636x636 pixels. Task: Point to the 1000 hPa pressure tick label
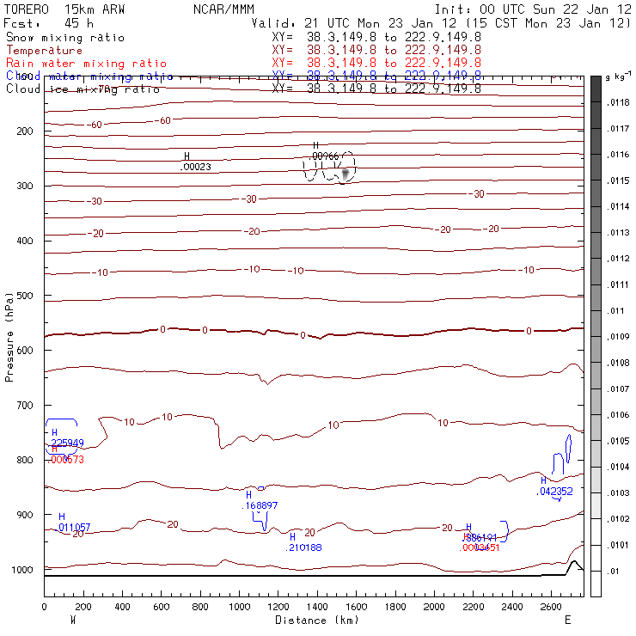(x=24, y=570)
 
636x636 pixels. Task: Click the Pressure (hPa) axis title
(x=9, y=335)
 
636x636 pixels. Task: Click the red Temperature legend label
(x=45, y=51)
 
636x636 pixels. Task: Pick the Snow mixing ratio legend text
(x=65, y=38)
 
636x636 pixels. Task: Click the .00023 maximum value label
(x=196, y=167)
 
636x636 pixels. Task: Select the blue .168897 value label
(x=261, y=505)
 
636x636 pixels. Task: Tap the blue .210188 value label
(x=304, y=547)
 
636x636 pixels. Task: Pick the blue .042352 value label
(x=555, y=492)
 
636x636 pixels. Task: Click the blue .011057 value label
(x=74, y=526)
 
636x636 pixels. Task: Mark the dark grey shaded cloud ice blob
(x=346, y=174)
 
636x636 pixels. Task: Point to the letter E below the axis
(x=567, y=619)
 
